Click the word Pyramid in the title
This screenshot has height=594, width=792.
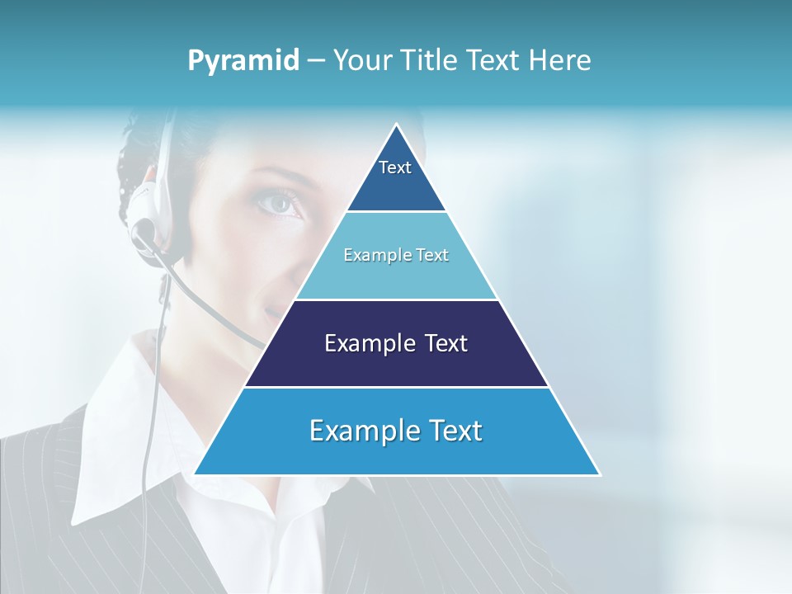click(x=243, y=61)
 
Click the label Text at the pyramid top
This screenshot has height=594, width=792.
click(x=395, y=167)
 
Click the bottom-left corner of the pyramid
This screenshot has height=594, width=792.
click(x=196, y=474)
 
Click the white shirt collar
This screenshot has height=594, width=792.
click(x=115, y=429)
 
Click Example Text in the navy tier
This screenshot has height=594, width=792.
click(x=396, y=343)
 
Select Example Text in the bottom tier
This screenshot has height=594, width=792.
click(x=396, y=431)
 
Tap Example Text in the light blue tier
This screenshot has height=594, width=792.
click(x=396, y=255)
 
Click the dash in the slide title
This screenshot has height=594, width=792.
click(x=316, y=61)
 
